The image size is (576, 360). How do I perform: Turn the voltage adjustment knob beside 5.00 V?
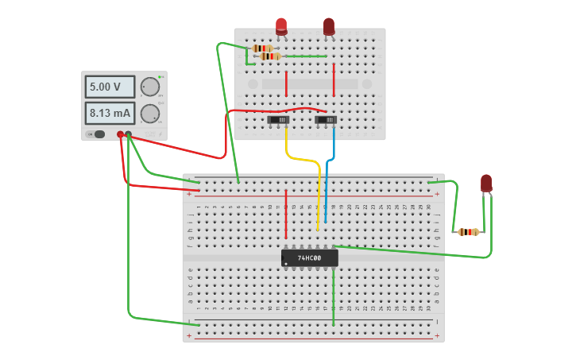pyautogui.click(x=149, y=87)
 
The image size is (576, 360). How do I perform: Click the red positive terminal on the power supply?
pyautogui.click(x=121, y=134)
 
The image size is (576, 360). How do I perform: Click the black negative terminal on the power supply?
pyautogui.click(x=129, y=134)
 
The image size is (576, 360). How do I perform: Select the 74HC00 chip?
pyautogui.click(x=309, y=258)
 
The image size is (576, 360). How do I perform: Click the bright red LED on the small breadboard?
pyautogui.click(x=281, y=26)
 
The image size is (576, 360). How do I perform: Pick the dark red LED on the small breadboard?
pyautogui.click(x=329, y=26)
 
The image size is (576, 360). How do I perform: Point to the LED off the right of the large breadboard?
pyautogui.click(x=486, y=184)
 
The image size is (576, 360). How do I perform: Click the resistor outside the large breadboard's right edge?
pyautogui.click(x=469, y=232)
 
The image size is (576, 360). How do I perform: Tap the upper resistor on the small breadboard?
pyautogui.click(x=262, y=48)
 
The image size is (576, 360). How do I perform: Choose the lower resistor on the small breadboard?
pyautogui.click(x=270, y=56)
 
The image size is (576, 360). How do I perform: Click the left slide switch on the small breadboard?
pyautogui.click(x=278, y=120)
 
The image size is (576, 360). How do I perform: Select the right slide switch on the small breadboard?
pyautogui.click(x=326, y=120)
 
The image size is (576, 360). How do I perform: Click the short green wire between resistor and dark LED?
pyautogui.click(x=305, y=56)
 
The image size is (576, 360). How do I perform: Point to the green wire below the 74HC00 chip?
pyautogui.click(x=333, y=298)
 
